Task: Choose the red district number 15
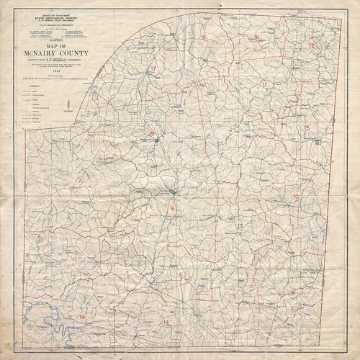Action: pos(307,128)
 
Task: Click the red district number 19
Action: pos(151,134)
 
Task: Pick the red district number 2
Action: pos(81,179)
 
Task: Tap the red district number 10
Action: pos(296,197)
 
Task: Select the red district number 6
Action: pos(173,209)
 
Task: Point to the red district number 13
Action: pos(240,226)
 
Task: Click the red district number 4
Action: pos(179,274)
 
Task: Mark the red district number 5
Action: pos(234,296)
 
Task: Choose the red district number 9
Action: pos(293,293)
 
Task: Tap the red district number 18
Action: pos(81,317)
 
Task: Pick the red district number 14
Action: pos(166,322)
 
